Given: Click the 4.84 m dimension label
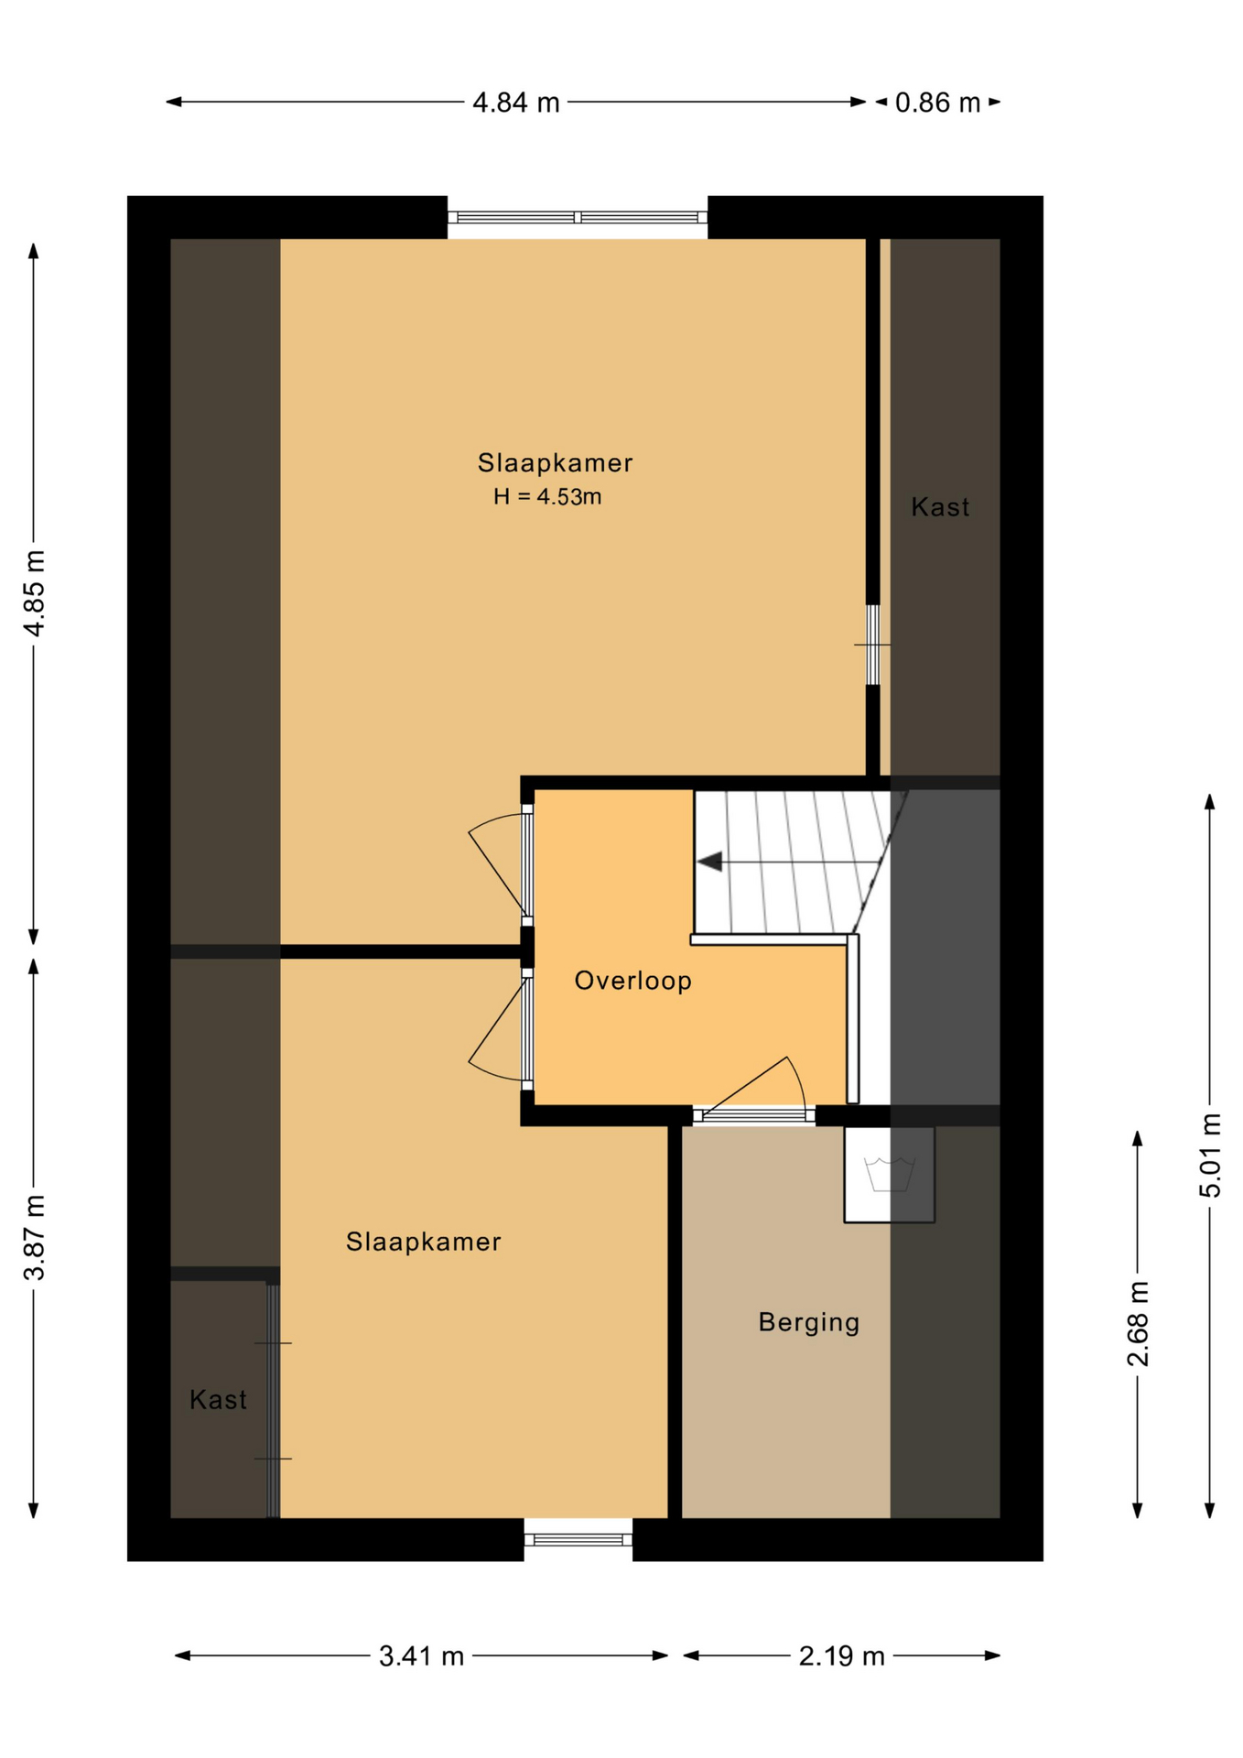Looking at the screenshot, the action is click(x=515, y=103).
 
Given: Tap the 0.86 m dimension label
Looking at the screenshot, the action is click(x=937, y=103).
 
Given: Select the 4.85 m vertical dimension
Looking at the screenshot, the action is click(x=35, y=593).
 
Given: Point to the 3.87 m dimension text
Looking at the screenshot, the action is click(x=35, y=1237).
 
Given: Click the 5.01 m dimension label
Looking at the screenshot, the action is click(x=1210, y=1155).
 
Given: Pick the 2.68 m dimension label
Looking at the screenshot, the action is click(x=1138, y=1324).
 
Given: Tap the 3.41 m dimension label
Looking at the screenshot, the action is click(x=421, y=1656).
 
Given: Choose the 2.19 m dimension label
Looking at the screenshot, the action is click(x=841, y=1656).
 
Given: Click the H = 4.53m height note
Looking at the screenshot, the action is click(x=547, y=497).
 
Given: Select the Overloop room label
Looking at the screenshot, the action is click(x=632, y=981).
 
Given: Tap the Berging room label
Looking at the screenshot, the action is click(x=809, y=1322).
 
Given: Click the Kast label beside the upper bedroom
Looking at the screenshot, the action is click(x=940, y=506).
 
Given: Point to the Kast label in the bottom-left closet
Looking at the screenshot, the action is click(x=218, y=1399).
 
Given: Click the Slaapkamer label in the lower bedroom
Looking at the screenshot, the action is click(x=423, y=1242).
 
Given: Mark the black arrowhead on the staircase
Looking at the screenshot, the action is click(x=709, y=862).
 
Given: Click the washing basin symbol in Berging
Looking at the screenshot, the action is click(x=890, y=1175).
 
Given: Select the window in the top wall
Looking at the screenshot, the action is click(x=578, y=217).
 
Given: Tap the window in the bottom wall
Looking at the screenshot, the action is click(x=578, y=1540).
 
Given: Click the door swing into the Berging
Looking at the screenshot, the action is click(x=754, y=1088).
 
